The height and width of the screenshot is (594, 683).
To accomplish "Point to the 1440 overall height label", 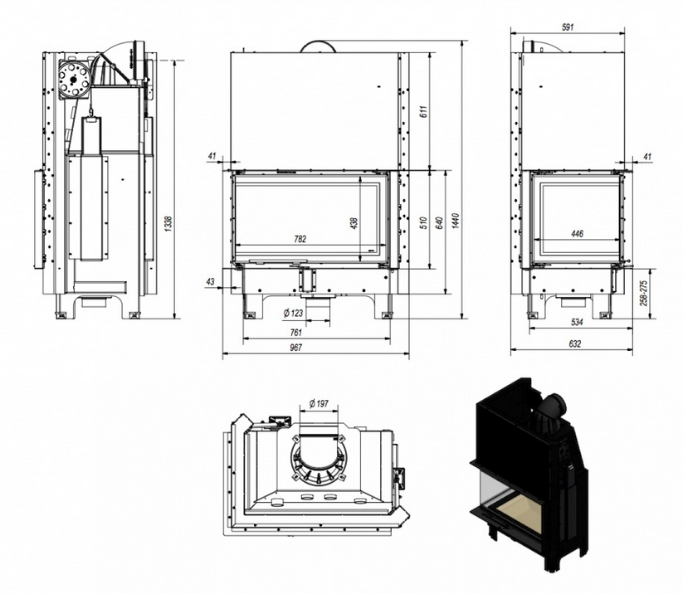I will click(456, 222).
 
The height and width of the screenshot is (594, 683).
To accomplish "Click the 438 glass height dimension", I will click(354, 222).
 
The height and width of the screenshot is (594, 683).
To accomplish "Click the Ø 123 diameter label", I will click(292, 313).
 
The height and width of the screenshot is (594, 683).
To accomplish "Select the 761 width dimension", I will click(296, 333).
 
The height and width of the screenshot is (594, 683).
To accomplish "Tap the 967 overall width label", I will click(296, 348).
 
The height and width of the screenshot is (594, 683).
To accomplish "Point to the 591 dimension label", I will click(568, 27).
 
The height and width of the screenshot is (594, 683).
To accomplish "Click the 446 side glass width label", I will click(577, 234).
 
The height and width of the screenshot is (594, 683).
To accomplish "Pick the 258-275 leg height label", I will click(646, 293).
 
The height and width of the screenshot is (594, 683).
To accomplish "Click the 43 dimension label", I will click(210, 282).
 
